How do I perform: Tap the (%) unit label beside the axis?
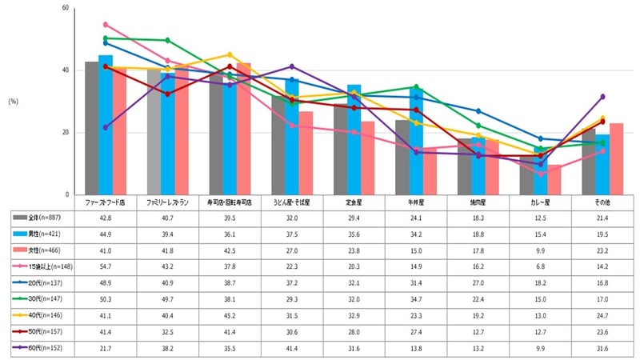pos(14,102)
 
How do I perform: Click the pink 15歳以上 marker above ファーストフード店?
pos(106,25)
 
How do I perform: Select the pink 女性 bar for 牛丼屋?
pos(430,171)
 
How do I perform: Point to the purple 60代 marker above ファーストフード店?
pos(106,127)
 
